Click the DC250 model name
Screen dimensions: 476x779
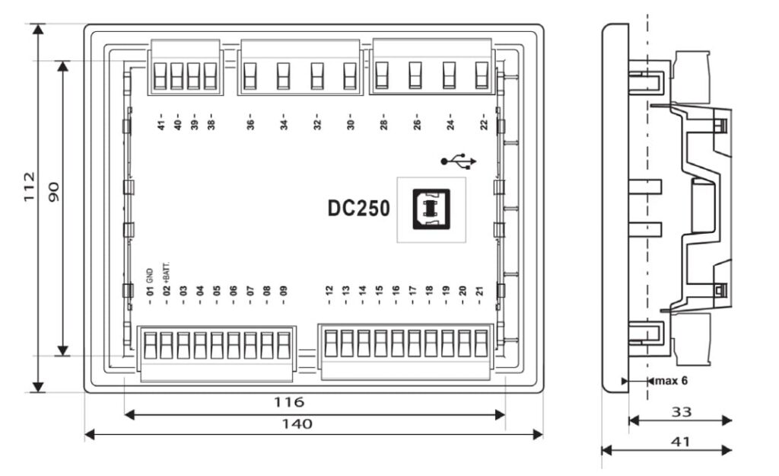click(359, 209)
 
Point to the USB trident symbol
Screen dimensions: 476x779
click(459, 161)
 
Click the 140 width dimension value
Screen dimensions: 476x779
click(302, 423)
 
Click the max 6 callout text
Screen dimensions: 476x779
click(672, 380)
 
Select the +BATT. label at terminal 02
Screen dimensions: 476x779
click(167, 272)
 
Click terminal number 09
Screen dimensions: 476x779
click(284, 291)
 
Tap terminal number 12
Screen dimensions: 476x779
click(329, 291)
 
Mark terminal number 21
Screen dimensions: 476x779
click(479, 291)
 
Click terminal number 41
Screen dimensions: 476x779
click(161, 125)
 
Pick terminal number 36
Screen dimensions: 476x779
click(250, 125)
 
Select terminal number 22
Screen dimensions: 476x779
click(484, 125)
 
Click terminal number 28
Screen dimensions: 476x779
click(383, 125)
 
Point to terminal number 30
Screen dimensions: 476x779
click(350, 125)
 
